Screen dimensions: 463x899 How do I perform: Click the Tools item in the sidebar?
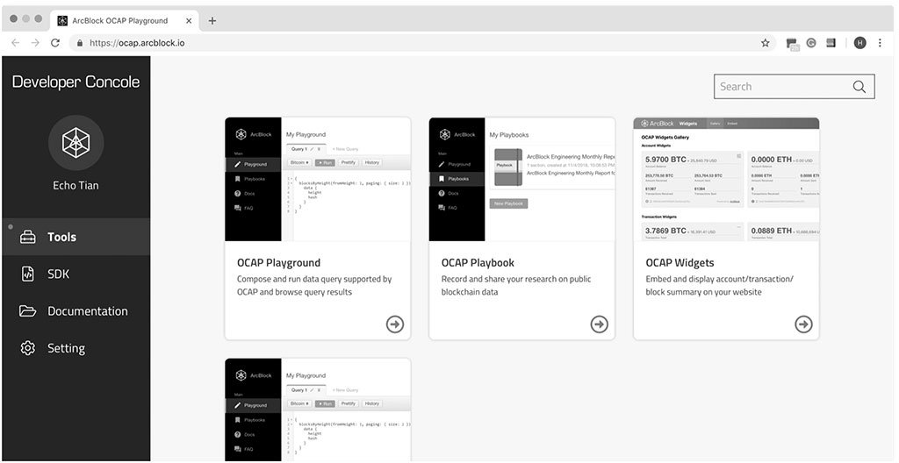pyautogui.click(x=61, y=237)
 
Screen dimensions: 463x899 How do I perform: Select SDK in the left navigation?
pyautogui.click(x=58, y=274)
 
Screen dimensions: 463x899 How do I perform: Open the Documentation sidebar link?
pyautogui.click(x=87, y=311)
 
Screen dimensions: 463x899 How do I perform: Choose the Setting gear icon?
pyautogui.click(x=28, y=348)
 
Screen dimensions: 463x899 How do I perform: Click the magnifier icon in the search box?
pyautogui.click(x=859, y=87)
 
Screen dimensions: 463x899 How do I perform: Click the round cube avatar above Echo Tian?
pyautogui.click(x=76, y=142)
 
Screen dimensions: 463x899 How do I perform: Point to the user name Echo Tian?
pyautogui.click(x=76, y=186)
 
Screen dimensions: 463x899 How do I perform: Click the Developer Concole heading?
pyautogui.click(x=76, y=82)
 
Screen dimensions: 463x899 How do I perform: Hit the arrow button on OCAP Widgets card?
pyautogui.click(x=803, y=324)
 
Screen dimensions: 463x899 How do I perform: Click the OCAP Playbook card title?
pyautogui.click(x=478, y=263)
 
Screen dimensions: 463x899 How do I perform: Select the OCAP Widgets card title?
pyautogui.click(x=680, y=263)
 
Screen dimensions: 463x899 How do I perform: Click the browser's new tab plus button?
pyautogui.click(x=212, y=20)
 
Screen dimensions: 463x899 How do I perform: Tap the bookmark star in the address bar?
pyautogui.click(x=765, y=42)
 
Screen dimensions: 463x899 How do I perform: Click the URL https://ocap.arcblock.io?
pyautogui.click(x=137, y=42)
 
